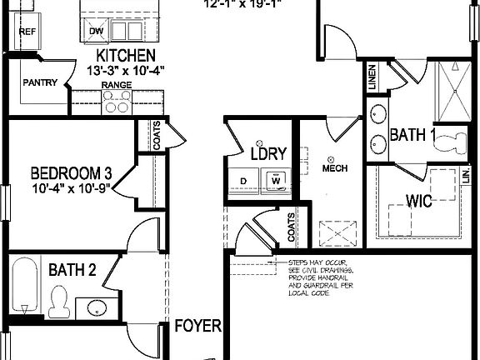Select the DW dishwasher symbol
[97, 31]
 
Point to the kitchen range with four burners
[117, 102]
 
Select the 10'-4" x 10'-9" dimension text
[71, 189]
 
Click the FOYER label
[197, 325]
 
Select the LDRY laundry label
[268, 153]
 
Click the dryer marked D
[243, 178]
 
